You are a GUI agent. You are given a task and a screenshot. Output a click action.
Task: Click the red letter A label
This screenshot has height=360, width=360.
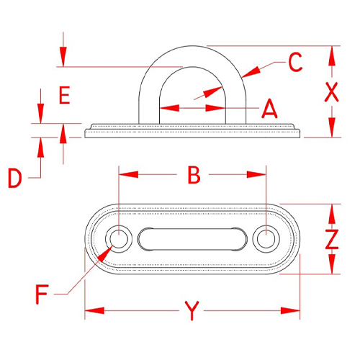click(x=270, y=109)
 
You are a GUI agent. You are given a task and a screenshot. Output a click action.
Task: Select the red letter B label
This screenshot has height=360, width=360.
click(x=194, y=175)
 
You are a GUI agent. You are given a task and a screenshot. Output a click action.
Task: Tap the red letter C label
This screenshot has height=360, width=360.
click(x=295, y=62)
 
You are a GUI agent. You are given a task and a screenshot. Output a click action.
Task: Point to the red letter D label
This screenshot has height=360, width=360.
click(x=15, y=178)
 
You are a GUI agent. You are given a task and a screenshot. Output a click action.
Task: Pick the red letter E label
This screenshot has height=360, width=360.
click(x=65, y=95)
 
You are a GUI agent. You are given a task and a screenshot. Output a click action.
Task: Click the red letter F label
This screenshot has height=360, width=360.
click(x=42, y=294)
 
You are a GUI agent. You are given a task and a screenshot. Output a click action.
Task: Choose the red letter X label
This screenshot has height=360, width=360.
click(x=331, y=92)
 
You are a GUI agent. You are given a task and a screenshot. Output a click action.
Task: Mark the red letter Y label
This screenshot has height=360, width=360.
click(x=192, y=311)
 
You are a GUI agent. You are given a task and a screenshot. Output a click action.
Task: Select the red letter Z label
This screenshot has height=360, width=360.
click(x=332, y=239)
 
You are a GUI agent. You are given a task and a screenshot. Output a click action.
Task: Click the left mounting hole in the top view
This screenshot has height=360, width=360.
click(x=119, y=239)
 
